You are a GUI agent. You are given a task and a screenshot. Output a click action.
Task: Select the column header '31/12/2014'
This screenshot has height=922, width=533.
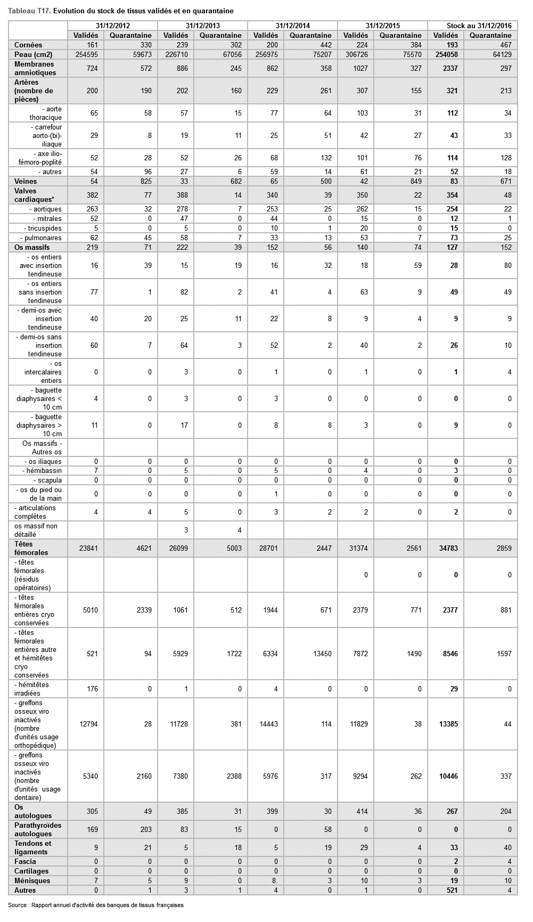pyautogui.click(x=292, y=26)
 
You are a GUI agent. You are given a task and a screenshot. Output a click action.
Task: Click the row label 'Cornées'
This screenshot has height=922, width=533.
pyautogui.click(x=28, y=45)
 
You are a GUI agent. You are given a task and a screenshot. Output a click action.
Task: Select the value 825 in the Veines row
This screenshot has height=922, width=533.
pyautogui.click(x=145, y=181)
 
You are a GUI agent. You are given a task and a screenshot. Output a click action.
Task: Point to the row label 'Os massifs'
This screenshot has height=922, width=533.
pyautogui.click(x=32, y=247)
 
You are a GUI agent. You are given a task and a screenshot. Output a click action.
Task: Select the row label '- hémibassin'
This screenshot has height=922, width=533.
pyautogui.click(x=42, y=470)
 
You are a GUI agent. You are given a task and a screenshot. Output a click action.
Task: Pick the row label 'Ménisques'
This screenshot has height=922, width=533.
pyautogui.click(x=32, y=880)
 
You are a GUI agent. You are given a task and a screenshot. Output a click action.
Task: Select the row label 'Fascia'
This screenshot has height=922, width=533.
pyautogui.click(x=26, y=861)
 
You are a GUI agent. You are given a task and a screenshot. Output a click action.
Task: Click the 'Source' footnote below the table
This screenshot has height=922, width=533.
pyautogui.click(x=96, y=905)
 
